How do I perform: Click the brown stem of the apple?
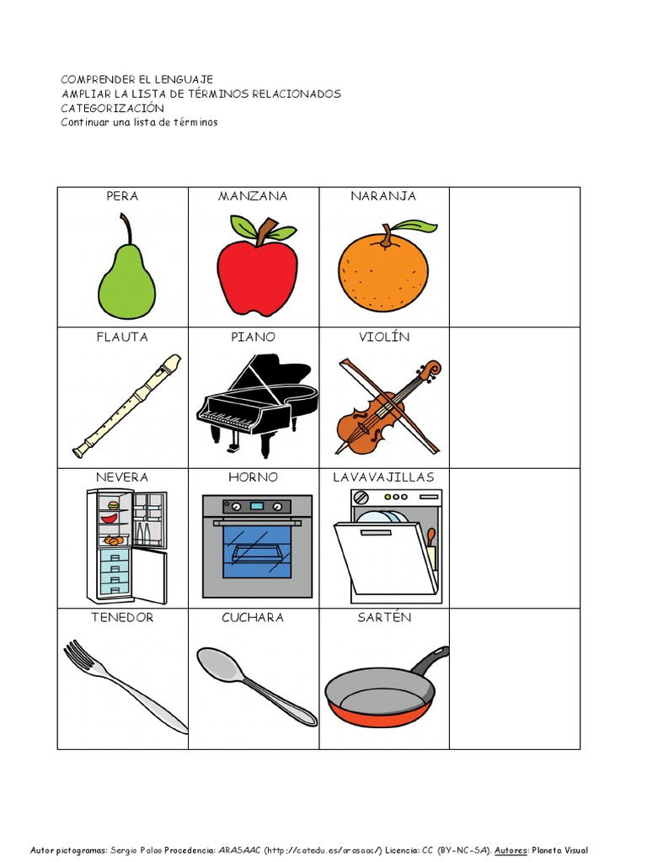click(268, 226)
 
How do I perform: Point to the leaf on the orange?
click(418, 226)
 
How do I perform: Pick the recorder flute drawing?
click(127, 406)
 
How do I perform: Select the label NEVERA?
click(122, 477)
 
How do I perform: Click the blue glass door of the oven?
click(257, 551)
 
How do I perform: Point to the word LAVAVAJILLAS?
click(383, 477)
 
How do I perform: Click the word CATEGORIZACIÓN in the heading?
click(112, 108)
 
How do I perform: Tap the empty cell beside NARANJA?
click(515, 258)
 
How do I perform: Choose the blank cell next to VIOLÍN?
click(515, 398)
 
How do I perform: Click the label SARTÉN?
click(384, 617)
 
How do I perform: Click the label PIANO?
click(253, 337)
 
